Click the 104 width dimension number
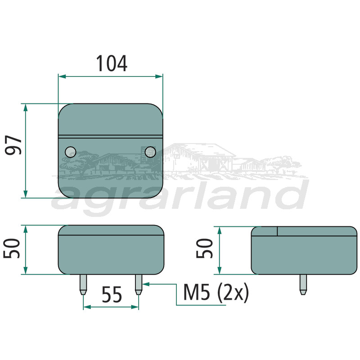pyautogui.click(x=112, y=63)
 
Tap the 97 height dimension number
pyautogui.click(x=13, y=145)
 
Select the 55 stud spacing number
pyautogui.click(x=112, y=294)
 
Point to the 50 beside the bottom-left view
pyautogui.click(x=12, y=248)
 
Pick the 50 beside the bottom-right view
pyautogui.click(x=205, y=248)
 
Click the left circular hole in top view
pyautogui.click(x=71, y=152)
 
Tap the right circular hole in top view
pyautogui.click(x=150, y=152)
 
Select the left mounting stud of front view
pyautogui.click(x=83, y=285)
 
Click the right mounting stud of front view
pyautogui.click(x=139, y=285)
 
